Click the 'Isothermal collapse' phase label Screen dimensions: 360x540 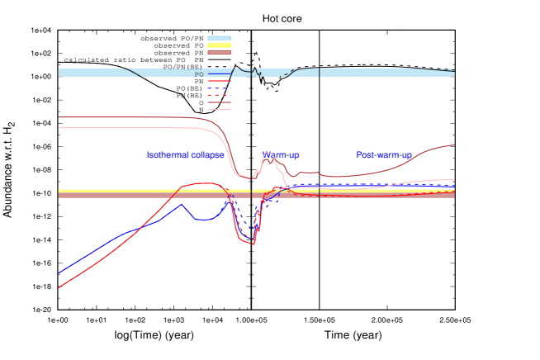tap(185, 155)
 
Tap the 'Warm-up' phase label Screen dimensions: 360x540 tap(281, 155)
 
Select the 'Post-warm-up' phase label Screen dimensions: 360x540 tap(384, 155)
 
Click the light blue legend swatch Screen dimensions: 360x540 tap(220, 37)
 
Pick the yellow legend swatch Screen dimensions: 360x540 tap(220, 45)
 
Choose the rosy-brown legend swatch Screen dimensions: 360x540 tap(220, 52)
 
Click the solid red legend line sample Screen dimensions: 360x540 tap(220, 82)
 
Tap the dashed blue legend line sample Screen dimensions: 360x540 tap(220, 88)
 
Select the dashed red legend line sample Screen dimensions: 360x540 tap(220, 95)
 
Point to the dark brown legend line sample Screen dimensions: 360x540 tap(220, 102)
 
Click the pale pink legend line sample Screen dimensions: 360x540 tap(220, 109)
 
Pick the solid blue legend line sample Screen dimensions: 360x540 tap(220, 74)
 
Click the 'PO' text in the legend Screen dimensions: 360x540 tap(199, 74)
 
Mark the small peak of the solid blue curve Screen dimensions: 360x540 tap(182, 204)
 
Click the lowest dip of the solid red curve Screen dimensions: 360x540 tap(253, 244)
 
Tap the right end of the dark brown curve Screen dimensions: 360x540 tap(454, 145)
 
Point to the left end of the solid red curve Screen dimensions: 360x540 tap(59, 287)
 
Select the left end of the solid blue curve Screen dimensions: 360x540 tap(59, 272)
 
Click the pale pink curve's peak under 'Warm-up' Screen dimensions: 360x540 tap(267, 154)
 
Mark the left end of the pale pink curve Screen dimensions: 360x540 tap(59, 128)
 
